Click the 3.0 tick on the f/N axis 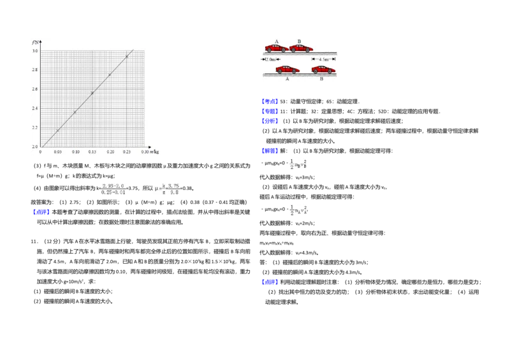(35, 50)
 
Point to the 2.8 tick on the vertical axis (35, 69)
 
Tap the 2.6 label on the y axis (35, 89)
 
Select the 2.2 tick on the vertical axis (35, 128)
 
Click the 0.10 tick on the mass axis (75, 152)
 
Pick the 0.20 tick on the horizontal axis (110, 152)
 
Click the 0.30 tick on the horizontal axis (145, 152)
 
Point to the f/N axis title (35, 41)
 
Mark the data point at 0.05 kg (58, 131)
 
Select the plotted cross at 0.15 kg (92, 93)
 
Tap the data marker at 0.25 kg (127, 57)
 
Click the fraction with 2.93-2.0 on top (113, 189)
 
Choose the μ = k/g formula (166, 189)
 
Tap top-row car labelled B (301, 48)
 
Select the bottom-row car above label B (323, 69)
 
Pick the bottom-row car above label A (288, 69)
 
